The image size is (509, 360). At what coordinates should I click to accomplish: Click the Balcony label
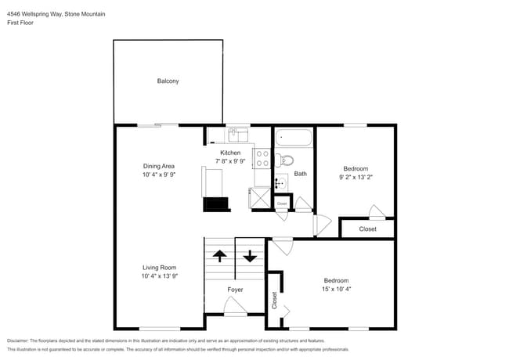click(x=168, y=81)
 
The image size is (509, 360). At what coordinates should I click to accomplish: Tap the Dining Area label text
click(x=158, y=166)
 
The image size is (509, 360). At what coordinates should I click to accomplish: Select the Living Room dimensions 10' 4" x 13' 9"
click(x=160, y=276)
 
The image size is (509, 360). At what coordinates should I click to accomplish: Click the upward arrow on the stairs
click(x=219, y=256)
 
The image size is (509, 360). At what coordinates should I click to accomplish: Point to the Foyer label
click(x=235, y=290)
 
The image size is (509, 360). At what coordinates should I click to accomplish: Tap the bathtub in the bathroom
click(x=294, y=140)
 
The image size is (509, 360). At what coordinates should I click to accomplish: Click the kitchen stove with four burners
click(x=262, y=160)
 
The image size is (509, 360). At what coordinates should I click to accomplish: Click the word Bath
click(x=301, y=174)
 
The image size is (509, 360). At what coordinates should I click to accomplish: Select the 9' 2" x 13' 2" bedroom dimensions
click(x=355, y=177)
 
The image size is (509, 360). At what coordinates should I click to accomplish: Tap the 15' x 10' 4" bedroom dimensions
click(x=336, y=289)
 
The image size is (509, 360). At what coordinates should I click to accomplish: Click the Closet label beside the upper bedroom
click(x=367, y=229)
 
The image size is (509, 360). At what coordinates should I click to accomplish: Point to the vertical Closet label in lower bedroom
click(x=275, y=300)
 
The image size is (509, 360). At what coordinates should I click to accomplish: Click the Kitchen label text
click(x=230, y=153)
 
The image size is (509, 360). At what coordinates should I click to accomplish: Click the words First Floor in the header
click(x=21, y=23)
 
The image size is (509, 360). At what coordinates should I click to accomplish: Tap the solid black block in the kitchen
click(x=215, y=205)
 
